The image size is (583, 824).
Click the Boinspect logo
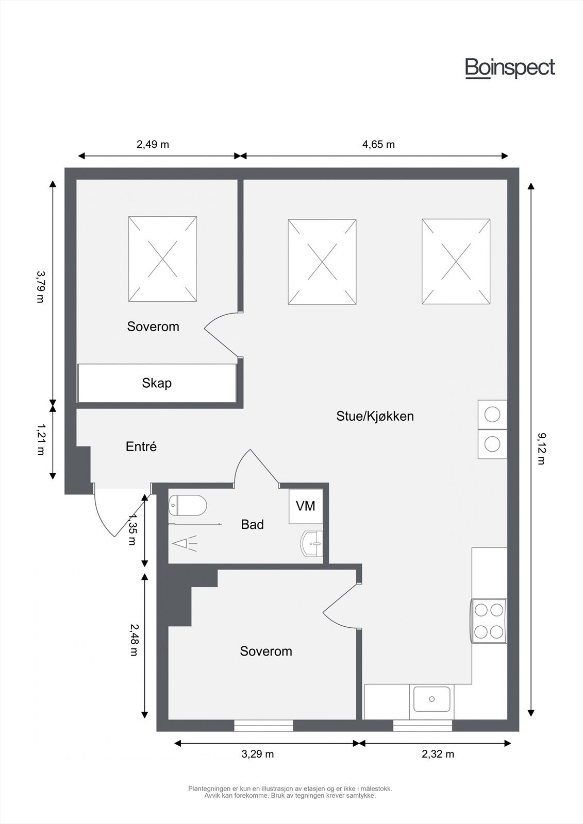pos(510,68)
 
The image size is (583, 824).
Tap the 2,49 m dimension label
pos(153,144)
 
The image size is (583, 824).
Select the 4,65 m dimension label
pos(378,144)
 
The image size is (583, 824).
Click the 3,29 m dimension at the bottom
pos(258,754)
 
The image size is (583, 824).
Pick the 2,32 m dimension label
pos(438,754)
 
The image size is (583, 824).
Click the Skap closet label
pos(157,383)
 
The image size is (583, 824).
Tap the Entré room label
pos(141,447)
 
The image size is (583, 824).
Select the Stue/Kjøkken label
pos(375,416)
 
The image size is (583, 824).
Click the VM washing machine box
pos(305,506)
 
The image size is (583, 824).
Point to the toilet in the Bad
pos(188,505)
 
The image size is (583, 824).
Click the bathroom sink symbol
pos(311,543)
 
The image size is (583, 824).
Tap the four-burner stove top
pos(489,621)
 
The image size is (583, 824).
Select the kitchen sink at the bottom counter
pos(431,699)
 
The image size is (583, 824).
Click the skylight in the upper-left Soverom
pos(162,259)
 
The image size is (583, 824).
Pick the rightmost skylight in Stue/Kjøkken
pos(456,262)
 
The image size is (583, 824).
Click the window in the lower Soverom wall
pos(263,725)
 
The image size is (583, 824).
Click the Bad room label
pos(252,524)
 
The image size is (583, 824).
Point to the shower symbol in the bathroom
pos(186,543)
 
